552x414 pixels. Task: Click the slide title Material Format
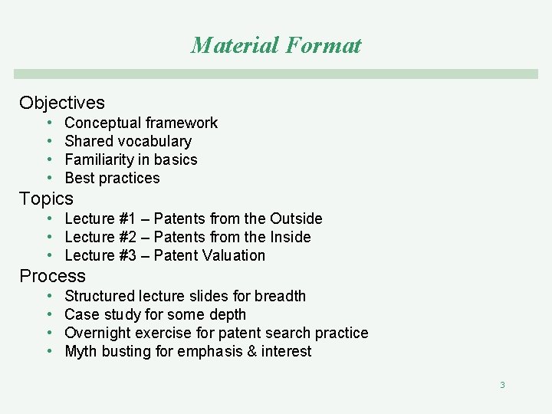click(x=276, y=45)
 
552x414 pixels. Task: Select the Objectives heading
click(x=62, y=103)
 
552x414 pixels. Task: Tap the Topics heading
click(x=46, y=199)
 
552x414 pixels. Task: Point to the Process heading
click(x=52, y=276)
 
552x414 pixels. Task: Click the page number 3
click(x=502, y=385)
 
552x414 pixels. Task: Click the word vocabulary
click(x=153, y=141)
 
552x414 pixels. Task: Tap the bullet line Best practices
click(x=112, y=178)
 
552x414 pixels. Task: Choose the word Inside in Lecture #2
click(x=290, y=237)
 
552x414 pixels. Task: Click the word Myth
click(x=80, y=351)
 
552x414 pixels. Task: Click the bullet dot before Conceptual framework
click(x=48, y=123)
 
